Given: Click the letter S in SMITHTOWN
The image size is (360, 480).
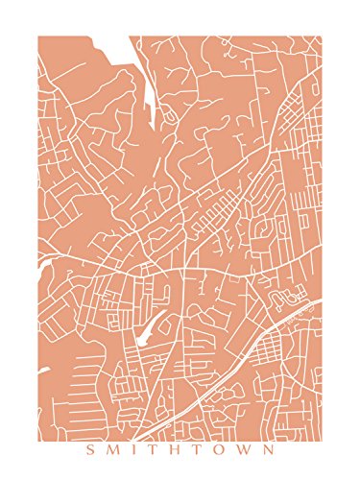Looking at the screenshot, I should pos(89,449).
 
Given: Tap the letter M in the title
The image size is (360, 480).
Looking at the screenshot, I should pos(112,449).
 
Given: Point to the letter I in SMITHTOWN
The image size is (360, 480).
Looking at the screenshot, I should pos(133,449).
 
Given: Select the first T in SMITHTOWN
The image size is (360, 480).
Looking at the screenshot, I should pos(153,449).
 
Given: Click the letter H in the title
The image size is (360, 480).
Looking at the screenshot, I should pos(176,449).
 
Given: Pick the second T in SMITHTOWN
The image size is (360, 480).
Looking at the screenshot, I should pos(199,449).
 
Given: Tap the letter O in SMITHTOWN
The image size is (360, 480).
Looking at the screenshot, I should pos(221,449).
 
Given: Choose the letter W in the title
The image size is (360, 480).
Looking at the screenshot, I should pos(246,449).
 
